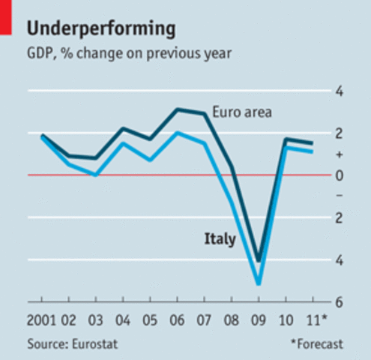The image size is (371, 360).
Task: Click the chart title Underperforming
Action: click(102, 28)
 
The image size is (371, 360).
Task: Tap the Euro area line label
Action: click(241, 112)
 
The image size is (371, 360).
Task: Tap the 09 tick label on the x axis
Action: click(259, 322)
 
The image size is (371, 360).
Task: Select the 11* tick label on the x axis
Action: click(315, 322)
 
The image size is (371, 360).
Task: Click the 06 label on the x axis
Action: click(178, 322)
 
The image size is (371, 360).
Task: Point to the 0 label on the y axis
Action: click(339, 175)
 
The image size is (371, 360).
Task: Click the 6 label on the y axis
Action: click(339, 302)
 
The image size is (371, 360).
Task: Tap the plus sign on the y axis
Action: click(339, 154)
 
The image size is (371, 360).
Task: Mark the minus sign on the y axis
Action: click(339, 196)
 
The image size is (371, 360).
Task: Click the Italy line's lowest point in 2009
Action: click(259, 283)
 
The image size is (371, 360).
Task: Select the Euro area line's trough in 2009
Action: click(259, 260)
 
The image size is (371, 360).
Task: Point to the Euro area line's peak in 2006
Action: click(178, 109)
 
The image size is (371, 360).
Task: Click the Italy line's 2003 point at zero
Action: click(96, 174)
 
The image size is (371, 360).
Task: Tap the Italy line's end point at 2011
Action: click(312, 151)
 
